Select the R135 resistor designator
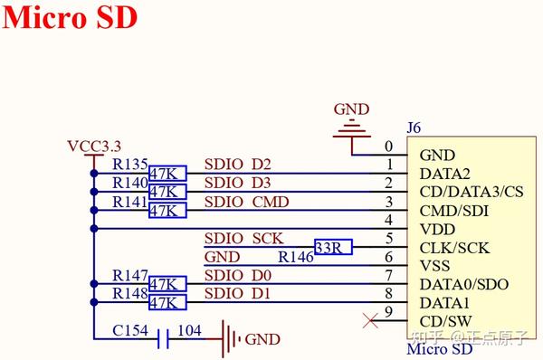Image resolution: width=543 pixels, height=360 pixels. (129, 165)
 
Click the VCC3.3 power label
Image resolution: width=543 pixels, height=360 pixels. (93, 147)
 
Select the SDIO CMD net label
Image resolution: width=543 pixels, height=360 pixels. (246, 202)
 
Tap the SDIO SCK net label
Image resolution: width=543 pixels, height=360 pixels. (243, 239)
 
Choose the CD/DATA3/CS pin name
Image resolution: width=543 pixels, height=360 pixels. (472, 192)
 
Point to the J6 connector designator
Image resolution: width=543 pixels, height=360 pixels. (414, 128)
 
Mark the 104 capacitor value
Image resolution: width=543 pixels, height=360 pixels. (188, 330)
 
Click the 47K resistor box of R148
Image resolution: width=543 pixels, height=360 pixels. (168, 302)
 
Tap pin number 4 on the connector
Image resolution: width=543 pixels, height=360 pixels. (388, 220)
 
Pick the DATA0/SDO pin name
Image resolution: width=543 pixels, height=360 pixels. (463, 284)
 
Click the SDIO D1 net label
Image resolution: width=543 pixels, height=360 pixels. (237, 294)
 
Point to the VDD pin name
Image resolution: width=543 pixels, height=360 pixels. (437, 229)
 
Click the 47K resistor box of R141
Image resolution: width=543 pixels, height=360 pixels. (168, 210)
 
